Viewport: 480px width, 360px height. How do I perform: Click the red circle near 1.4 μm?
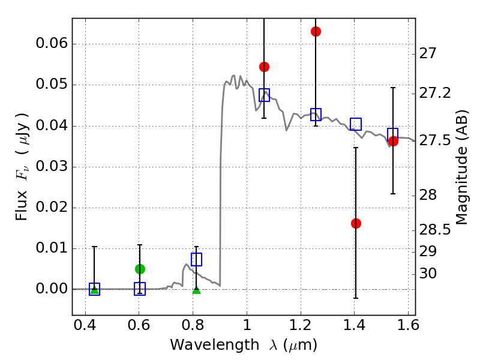click(x=356, y=223)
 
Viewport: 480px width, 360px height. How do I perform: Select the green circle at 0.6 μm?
click(x=140, y=269)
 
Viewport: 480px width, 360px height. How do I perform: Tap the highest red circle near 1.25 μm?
click(x=316, y=31)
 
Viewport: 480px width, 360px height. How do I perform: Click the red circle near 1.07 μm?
click(x=264, y=67)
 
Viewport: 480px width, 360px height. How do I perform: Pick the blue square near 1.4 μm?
click(x=356, y=124)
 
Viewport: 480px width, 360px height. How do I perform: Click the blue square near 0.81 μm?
click(x=196, y=259)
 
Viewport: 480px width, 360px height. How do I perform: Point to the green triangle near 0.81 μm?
click(x=196, y=290)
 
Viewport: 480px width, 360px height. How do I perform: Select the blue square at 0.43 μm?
click(x=94, y=289)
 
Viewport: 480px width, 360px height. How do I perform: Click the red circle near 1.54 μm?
click(x=393, y=142)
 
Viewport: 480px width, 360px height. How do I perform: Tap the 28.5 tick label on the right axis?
click(x=433, y=230)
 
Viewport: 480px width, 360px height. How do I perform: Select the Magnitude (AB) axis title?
click(x=462, y=167)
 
